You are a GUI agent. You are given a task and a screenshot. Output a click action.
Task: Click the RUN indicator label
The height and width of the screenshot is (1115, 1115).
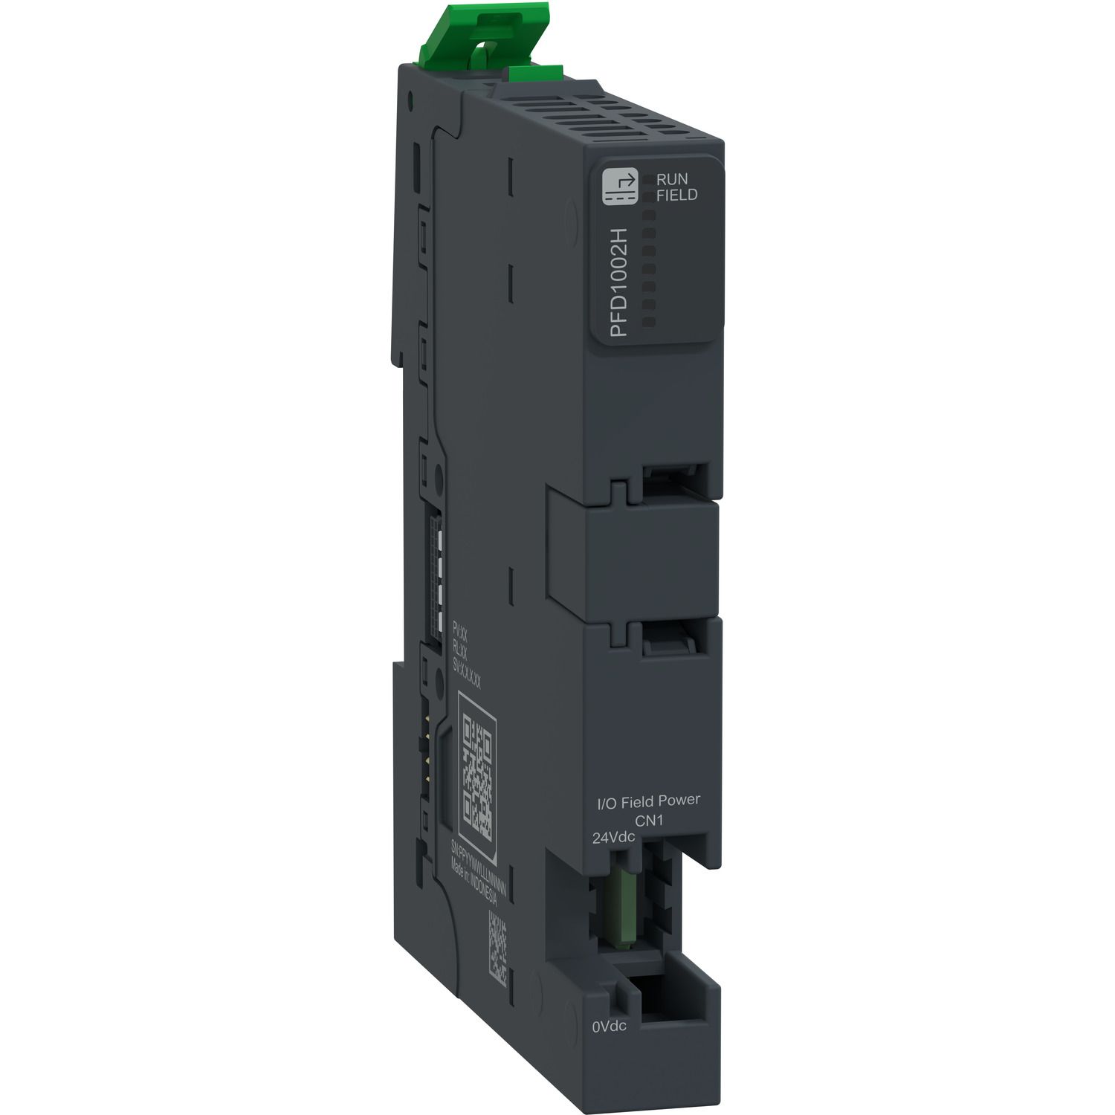(x=671, y=179)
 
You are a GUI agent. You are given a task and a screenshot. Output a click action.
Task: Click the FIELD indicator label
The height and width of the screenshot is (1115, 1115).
(x=676, y=195)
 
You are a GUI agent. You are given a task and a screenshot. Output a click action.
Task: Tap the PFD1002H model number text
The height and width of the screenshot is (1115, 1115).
(x=618, y=283)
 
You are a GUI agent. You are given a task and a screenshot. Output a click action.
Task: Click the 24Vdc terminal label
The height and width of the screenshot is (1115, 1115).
(x=613, y=838)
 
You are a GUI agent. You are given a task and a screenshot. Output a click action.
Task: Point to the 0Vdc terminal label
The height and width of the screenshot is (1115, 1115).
(x=609, y=1027)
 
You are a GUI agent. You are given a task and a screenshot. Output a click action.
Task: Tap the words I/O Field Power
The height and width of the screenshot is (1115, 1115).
(x=649, y=801)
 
